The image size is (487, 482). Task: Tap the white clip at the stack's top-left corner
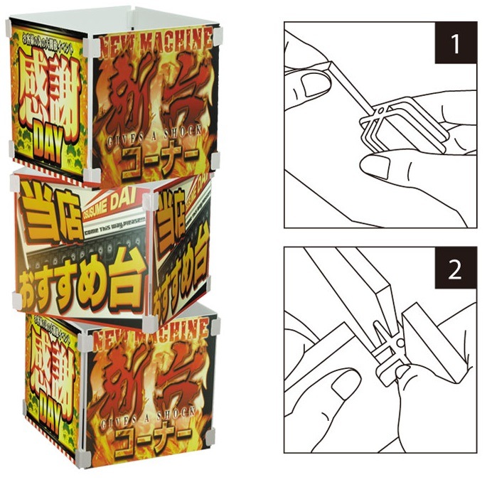9,28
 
